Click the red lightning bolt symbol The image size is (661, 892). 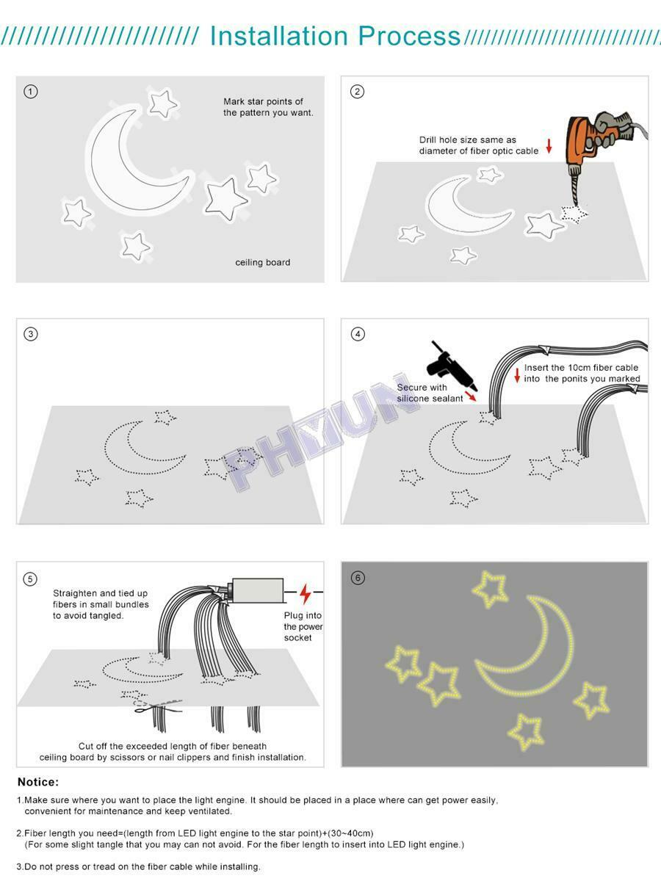point(306,594)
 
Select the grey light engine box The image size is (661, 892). point(258,590)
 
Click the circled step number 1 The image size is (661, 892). point(31,92)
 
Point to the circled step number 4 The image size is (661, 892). point(358,334)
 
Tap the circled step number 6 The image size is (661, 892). point(357,579)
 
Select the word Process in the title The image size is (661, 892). point(409,36)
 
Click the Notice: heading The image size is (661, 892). point(38,782)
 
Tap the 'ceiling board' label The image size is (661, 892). point(263,262)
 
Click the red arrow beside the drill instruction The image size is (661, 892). point(549,146)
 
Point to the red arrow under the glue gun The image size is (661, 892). point(470,395)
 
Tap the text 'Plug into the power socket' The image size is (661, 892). point(303,626)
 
